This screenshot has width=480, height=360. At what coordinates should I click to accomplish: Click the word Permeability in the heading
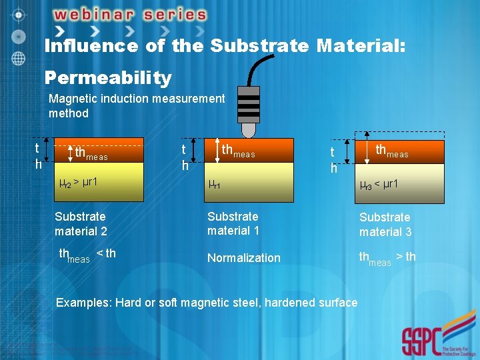[108, 78]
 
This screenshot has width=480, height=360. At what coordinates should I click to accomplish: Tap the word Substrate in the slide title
[259, 46]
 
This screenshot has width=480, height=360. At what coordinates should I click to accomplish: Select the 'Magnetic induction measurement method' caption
[137, 106]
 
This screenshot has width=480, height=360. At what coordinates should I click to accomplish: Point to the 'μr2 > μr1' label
[79, 181]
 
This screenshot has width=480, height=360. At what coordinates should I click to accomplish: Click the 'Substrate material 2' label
[81, 223]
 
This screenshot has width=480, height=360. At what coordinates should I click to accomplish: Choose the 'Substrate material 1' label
[233, 223]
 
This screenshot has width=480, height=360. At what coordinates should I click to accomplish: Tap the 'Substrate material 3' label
[385, 225]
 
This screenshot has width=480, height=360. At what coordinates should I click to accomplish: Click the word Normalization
[244, 258]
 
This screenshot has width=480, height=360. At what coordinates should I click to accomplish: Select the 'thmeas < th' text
[87, 255]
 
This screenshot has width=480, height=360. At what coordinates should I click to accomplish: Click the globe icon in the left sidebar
[19, 57]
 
